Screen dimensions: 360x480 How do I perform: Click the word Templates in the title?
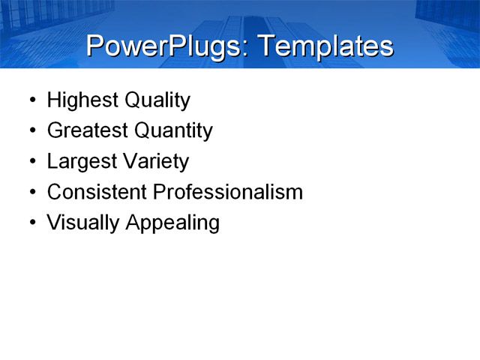click(325, 46)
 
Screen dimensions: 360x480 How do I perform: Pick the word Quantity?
click(173, 131)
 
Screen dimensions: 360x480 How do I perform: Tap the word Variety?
click(157, 162)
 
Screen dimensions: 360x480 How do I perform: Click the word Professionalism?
click(228, 192)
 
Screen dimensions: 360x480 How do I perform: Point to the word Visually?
click(82, 223)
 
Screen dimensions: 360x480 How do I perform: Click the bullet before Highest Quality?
click(31, 100)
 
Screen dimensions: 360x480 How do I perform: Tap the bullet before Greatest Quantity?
click(31, 131)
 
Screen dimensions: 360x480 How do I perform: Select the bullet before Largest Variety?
click(31, 162)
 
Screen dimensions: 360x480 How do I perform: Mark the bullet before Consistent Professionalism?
click(31, 193)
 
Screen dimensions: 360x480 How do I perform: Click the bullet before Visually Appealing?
click(31, 223)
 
